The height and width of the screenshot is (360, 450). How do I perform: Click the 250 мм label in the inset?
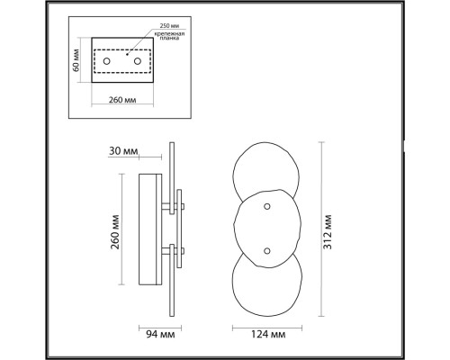[x=170, y=26]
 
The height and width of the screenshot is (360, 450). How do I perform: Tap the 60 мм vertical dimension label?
[x=76, y=60]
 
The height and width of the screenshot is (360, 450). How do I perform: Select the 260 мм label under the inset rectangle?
[x=122, y=100]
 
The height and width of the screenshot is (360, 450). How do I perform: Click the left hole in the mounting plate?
[x=106, y=61]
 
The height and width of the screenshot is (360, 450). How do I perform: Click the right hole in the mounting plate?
[x=138, y=61]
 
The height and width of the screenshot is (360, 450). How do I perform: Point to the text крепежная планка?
[x=169, y=36]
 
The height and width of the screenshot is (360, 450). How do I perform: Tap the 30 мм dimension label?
[x=123, y=151]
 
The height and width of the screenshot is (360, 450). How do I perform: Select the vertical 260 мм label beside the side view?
[x=115, y=232]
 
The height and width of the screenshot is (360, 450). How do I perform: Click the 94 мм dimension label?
[x=160, y=334]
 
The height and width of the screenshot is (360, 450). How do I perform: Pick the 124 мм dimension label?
[x=268, y=334]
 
